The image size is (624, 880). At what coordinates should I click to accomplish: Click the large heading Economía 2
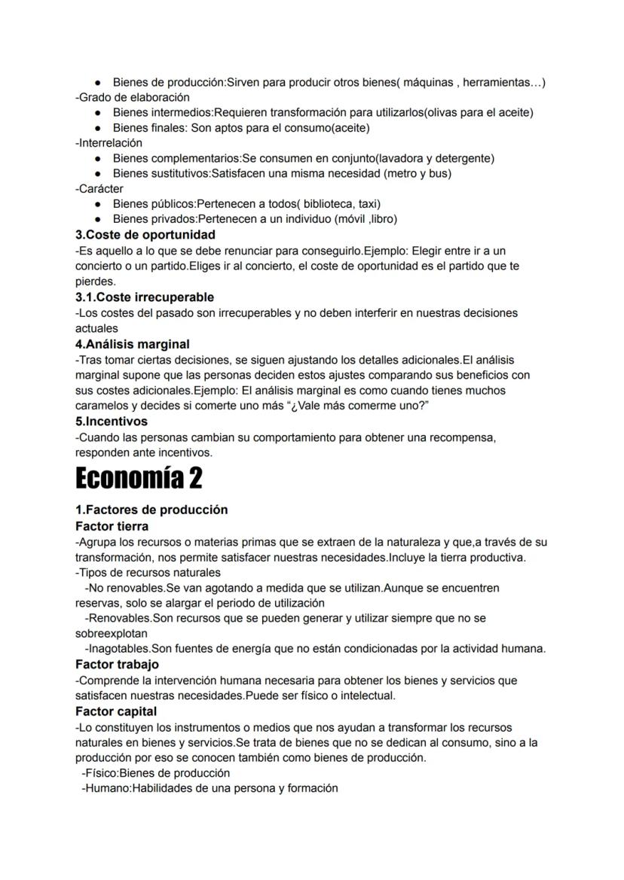(x=139, y=477)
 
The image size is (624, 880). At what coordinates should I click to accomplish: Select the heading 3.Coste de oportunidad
(x=145, y=235)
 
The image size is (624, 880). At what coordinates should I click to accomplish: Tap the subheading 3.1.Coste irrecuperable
(x=145, y=297)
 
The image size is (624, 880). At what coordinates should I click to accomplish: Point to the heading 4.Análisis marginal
(x=133, y=344)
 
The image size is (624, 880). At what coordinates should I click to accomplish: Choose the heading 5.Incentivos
(x=112, y=422)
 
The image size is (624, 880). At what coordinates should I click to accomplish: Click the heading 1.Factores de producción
(x=151, y=510)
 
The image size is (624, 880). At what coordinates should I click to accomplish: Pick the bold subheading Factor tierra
(x=112, y=526)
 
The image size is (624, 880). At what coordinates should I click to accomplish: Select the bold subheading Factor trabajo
(x=117, y=665)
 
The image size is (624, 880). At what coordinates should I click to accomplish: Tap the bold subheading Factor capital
(x=116, y=711)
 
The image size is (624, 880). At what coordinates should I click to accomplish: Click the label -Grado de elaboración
(x=133, y=97)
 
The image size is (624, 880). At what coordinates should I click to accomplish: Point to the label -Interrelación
(x=109, y=142)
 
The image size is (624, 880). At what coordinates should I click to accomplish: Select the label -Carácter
(x=99, y=188)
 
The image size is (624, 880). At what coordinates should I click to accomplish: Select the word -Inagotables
(x=118, y=648)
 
